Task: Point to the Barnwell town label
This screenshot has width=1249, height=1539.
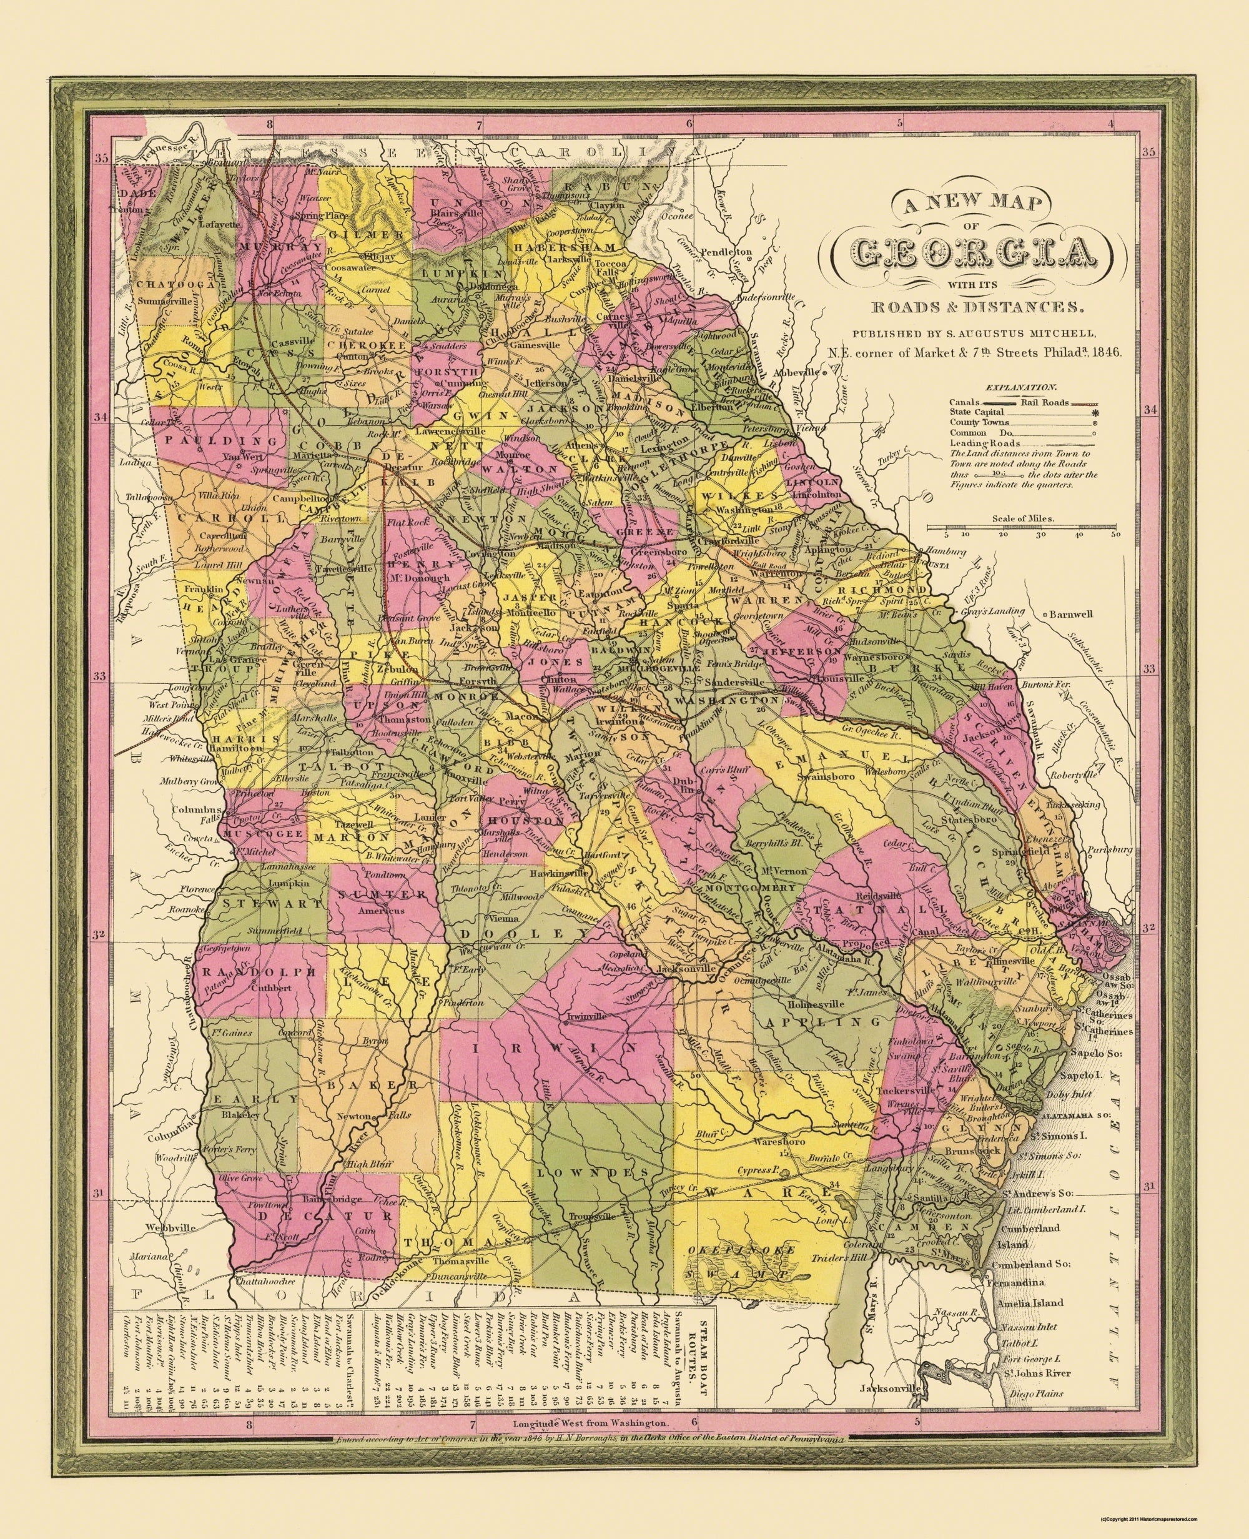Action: pyautogui.click(x=1070, y=614)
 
